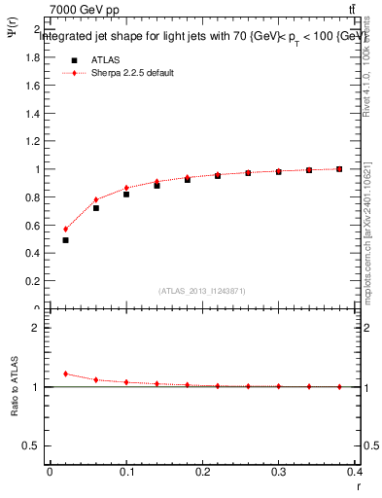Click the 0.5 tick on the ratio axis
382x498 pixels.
coord(30,445)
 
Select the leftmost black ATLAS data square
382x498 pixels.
coord(65,239)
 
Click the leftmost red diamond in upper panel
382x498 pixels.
coord(65,230)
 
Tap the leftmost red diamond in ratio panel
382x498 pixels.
coord(65,373)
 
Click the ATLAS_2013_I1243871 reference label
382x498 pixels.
coord(202,291)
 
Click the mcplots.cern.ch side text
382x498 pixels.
coord(365,233)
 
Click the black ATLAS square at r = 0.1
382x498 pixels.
coord(126,194)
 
